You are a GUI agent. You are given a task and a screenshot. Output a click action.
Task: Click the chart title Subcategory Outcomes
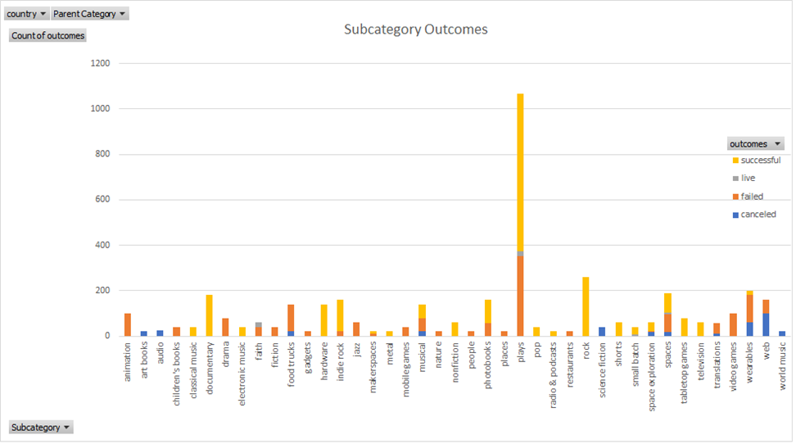[415, 29]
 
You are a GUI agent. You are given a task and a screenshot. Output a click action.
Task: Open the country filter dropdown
[25, 14]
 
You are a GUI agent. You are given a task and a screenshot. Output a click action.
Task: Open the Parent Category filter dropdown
[89, 14]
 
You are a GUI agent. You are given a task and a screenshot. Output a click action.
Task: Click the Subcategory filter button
[40, 427]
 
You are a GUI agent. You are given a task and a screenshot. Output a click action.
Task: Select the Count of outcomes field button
[47, 35]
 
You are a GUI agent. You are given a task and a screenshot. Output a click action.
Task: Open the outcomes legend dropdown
[755, 143]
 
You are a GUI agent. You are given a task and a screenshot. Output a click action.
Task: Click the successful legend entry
[760, 161]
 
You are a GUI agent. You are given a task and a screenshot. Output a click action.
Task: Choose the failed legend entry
[751, 197]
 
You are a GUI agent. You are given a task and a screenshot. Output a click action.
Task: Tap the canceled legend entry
[757, 215]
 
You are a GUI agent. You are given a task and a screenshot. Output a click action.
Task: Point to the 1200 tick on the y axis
[102, 63]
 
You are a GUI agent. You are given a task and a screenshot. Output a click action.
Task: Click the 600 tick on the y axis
[104, 200]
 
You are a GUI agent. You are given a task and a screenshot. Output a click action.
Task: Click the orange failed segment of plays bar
[520, 295]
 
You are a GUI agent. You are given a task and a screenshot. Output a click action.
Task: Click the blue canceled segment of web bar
[766, 324]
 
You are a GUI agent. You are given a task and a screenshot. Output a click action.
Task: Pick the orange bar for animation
[127, 324]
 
